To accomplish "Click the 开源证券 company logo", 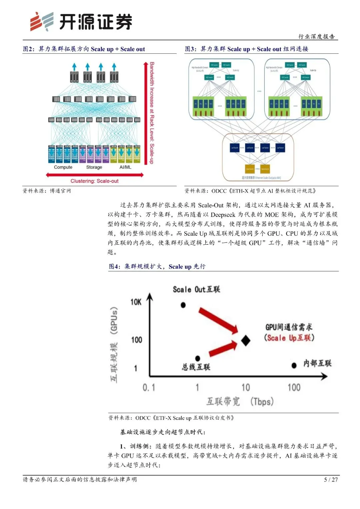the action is [x=81, y=22].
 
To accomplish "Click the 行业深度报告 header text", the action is [x=316, y=36].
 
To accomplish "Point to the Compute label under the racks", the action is [x=63, y=167].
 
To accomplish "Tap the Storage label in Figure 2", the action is [x=94, y=167].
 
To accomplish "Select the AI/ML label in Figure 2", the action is [x=125, y=167].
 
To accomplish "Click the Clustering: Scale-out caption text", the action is [x=94, y=181].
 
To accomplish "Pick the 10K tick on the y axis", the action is [x=136, y=302].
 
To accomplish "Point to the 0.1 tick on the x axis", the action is [x=149, y=387].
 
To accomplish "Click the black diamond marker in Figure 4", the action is [x=246, y=340].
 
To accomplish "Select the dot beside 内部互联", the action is [x=294, y=366].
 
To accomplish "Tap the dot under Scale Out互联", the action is [x=183, y=305].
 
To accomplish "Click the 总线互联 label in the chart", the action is [x=196, y=367].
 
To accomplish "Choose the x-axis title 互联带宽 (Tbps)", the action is [x=240, y=401].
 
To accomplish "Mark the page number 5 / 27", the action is [x=331, y=480].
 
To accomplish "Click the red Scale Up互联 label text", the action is [x=289, y=338].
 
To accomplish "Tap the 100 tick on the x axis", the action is [x=294, y=387].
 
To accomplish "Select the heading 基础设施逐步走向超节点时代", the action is [x=163, y=432].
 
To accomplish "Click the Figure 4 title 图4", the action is [x=114, y=267].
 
